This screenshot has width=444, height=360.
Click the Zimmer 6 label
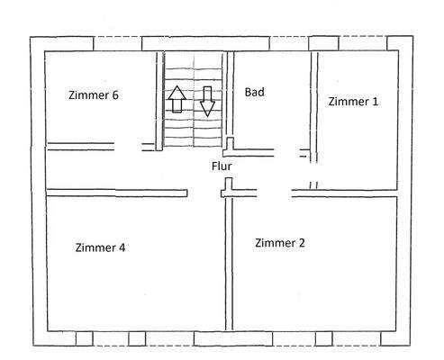[x=94, y=94]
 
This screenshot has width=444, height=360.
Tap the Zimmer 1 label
[x=353, y=101]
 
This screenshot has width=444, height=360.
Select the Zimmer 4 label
[x=100, y=248]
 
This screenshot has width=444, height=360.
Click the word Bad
[x=254, y=92]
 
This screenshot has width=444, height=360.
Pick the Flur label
[x=222, y=166]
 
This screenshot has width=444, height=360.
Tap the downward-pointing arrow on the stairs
[x=208, y=101]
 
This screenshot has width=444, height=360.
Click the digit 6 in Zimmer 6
[x=115, y=94]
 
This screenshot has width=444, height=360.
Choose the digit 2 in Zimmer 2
[x=304, y=242]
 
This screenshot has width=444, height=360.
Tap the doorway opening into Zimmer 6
[x=132, y=144]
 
